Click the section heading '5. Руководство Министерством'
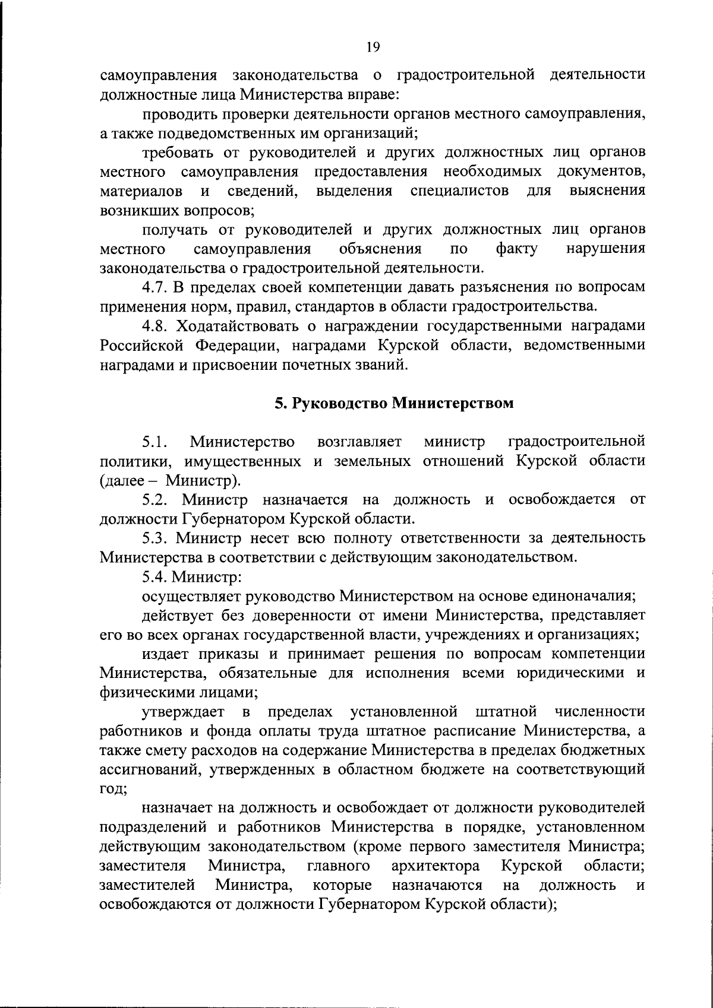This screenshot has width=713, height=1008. [x=393, y=403]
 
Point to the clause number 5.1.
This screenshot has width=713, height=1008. [x=154, y=442]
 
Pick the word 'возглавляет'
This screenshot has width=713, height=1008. [x=360, y=442]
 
